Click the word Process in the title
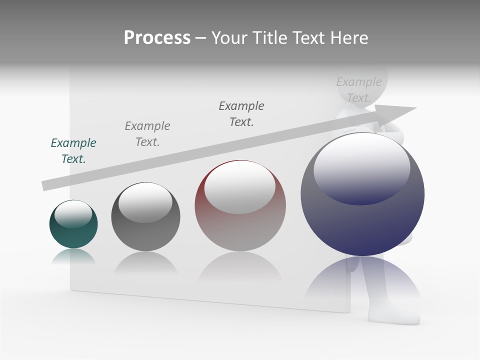coord(157,38)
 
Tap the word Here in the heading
coord(349,38)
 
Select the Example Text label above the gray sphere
coord(147,133)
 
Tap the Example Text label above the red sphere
coord(241,113)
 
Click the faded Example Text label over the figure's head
coord(359,89)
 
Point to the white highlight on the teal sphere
coord(73,214)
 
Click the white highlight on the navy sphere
coord(362,167)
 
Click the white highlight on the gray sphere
coord(145,202)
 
